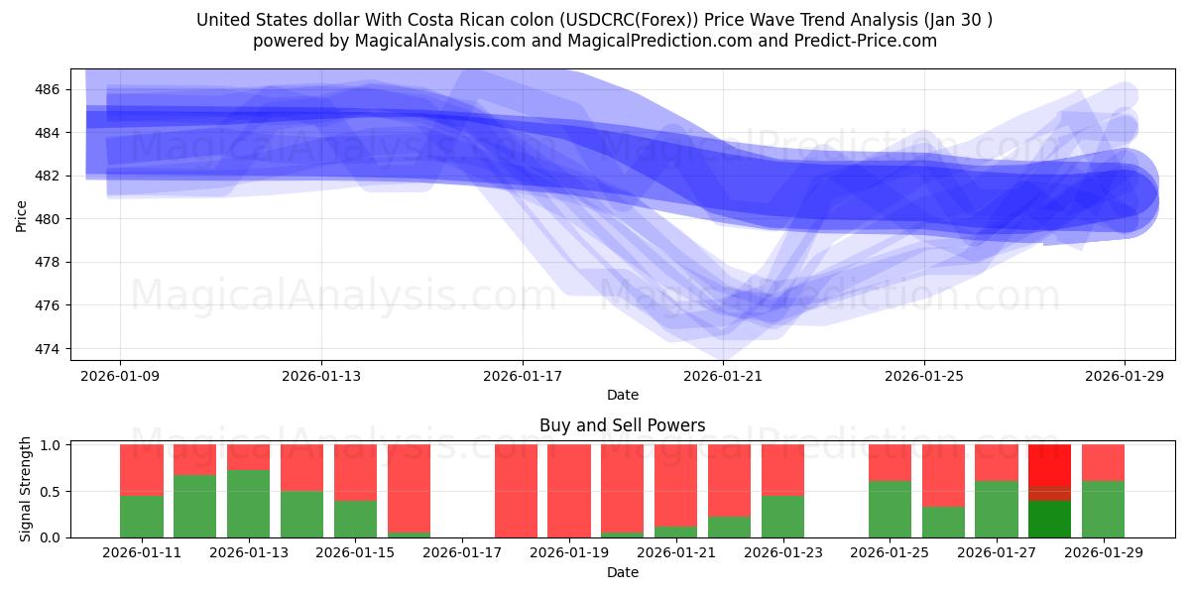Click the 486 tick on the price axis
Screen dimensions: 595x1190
[48, 89]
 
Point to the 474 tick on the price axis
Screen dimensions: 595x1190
[48, 349]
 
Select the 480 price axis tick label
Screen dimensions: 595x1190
[48, 219]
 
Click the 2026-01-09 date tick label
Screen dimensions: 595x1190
[120, 377]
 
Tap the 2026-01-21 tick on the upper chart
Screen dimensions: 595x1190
[723, 377]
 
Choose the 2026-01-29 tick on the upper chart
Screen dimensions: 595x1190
[1125, 377]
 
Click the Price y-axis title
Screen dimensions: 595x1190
[22, 215]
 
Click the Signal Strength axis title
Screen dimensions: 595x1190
[26, 490]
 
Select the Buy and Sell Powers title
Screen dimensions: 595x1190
[622, 425]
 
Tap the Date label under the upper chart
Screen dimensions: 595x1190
[622, 395]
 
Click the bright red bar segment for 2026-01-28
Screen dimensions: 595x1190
[1049, 464]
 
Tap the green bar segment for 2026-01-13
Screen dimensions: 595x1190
[248, 504]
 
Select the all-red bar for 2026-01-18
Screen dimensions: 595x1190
[516, 491]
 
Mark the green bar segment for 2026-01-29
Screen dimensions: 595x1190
[1103, 509]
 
